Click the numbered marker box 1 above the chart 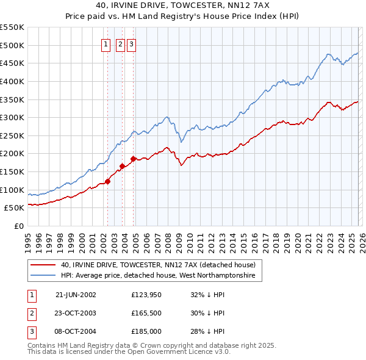[106, 44]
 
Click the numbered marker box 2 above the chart [120, 44]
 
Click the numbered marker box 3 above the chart [131, 44]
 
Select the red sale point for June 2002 [108, 181]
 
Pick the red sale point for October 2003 [123, 165]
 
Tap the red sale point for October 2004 [133, 159]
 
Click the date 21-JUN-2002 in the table [76, 295]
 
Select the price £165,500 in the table [146, 313]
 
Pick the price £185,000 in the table [146, 331]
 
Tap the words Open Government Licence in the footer [178, 352]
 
